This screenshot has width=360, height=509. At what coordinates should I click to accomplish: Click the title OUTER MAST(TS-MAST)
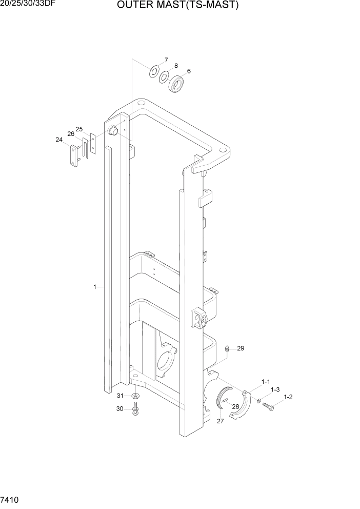(x=178, y=6)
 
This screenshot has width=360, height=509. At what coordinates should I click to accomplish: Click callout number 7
(x=166, y=60)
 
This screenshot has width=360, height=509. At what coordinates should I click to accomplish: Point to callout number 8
(x=176, y=66)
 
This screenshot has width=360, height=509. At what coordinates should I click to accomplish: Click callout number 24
(x=59, y=139)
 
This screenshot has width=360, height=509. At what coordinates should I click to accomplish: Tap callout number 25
(x=79, y=129)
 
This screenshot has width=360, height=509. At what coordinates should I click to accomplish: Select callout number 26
(x=71, y=133)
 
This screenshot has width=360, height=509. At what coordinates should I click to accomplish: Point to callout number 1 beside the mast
(x=95, y=287)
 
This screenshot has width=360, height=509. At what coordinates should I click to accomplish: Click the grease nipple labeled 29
(x=227, y=349)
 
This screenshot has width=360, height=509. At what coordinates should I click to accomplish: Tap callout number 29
(x=241, y=348)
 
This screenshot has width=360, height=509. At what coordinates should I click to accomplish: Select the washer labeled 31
(x=135, y=396)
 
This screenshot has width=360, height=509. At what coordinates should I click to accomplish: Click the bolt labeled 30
(x=135, y=409)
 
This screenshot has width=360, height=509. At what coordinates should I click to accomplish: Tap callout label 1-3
(x=275, y=389)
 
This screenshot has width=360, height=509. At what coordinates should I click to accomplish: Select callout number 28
(x=236, y=406)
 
